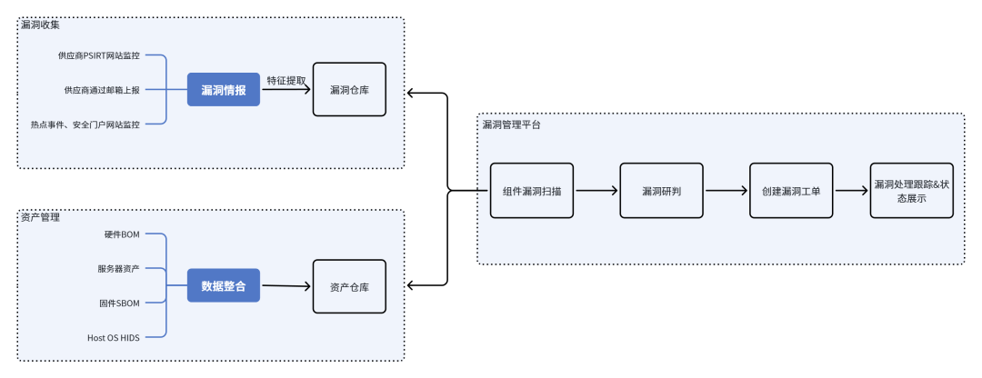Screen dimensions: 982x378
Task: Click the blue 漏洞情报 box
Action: coord(224,89)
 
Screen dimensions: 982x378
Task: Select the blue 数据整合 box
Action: coord(224,286)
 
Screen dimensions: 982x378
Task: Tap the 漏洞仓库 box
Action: coord(349,89)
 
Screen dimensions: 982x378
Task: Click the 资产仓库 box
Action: coord(349,286)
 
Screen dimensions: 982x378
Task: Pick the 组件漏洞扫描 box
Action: coord(532,191)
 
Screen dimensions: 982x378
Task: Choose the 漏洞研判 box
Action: coord(661,191)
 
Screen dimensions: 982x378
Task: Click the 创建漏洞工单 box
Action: coord(791,191)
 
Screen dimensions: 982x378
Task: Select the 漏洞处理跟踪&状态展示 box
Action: coord(912,191)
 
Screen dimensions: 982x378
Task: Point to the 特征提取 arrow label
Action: coord(286,81)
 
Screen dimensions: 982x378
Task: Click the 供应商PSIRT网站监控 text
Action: coord(99,55)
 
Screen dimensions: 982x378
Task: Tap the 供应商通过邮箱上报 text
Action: coord(102,89)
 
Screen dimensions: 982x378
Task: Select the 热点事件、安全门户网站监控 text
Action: coord(85,124)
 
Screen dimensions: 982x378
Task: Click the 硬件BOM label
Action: coord(122,234)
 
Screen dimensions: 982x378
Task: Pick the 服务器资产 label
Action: coord(118,269)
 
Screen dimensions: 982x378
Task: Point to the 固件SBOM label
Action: coord(119,303)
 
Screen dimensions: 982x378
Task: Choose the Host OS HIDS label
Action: coord(114,338)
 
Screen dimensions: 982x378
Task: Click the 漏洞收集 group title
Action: coord(40,25)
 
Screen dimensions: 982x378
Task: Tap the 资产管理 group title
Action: coord(40,217)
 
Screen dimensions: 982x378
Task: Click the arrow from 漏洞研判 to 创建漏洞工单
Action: coord(726,191)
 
